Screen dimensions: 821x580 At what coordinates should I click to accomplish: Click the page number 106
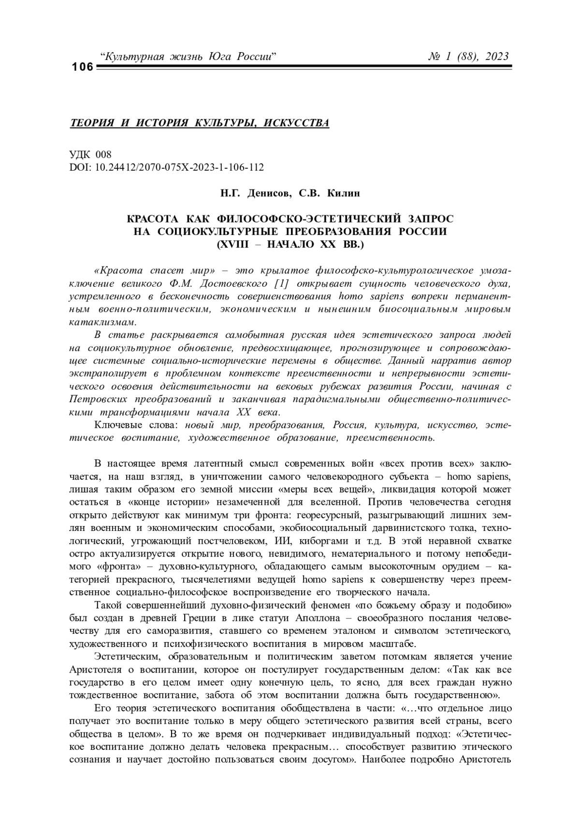(82, 67)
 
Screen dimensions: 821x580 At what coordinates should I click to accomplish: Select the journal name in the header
(188, 57)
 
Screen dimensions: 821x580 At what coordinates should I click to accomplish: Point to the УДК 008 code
(90, 155)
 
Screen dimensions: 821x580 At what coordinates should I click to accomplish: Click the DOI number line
(167, 167)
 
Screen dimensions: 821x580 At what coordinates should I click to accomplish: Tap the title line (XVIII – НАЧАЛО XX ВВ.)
(290, 244)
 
